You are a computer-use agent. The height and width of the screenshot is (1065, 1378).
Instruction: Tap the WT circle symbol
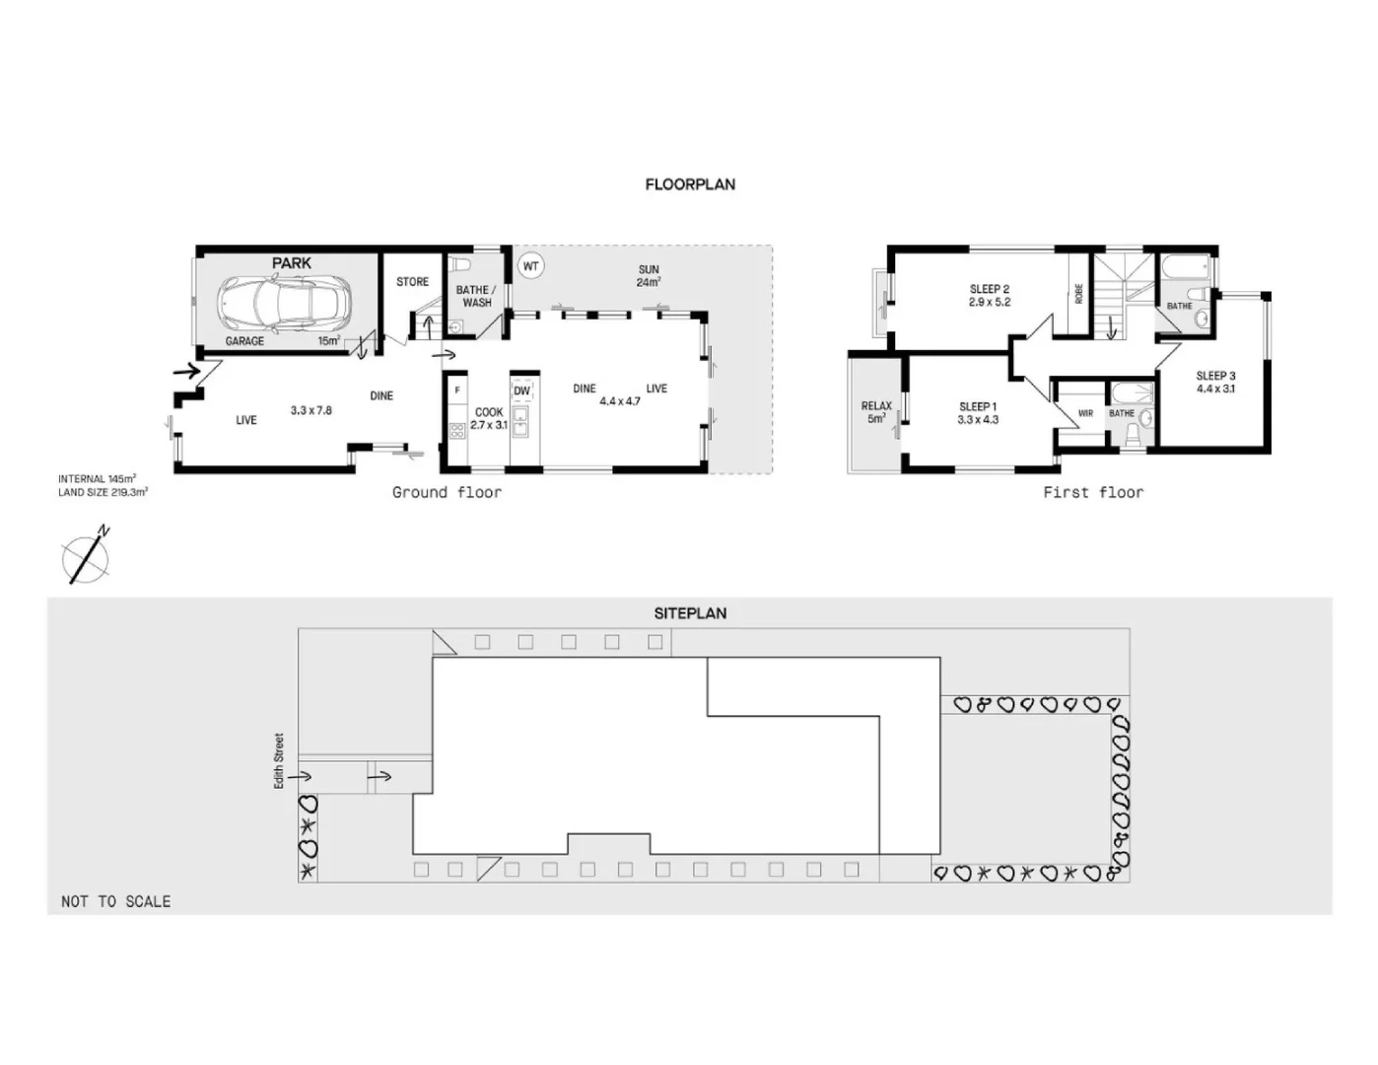pos(530,266)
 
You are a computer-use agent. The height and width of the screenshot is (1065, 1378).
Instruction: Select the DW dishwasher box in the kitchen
pos(521,390)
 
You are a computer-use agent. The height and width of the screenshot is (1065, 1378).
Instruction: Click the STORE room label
pos(412,282)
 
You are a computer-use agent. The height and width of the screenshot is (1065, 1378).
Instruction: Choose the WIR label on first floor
pos(1085,413)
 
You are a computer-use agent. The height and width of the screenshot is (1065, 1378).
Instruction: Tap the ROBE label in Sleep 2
pos(1078,293)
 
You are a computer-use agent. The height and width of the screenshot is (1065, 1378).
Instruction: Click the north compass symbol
pos(86,557)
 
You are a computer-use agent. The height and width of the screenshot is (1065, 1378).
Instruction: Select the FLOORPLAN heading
pos(690,184)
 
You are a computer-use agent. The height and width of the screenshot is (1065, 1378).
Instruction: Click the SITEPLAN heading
pos(690,613)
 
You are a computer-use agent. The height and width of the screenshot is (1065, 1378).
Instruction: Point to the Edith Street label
pos(279,760)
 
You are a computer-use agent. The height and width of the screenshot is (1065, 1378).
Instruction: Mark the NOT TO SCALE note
pos(115,901)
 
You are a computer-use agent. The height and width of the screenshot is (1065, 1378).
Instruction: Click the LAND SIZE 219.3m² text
pos(103,492)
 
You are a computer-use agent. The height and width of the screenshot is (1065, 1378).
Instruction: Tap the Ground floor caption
pos(447,492)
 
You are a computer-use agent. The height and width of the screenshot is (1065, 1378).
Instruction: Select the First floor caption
pos(1093,492)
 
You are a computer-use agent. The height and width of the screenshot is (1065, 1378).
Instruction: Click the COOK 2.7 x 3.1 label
pos(488,419)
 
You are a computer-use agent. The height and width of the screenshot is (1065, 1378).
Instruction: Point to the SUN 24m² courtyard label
pos(648,276)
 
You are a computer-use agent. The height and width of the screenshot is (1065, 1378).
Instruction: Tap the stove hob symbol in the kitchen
pos(456,430)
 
